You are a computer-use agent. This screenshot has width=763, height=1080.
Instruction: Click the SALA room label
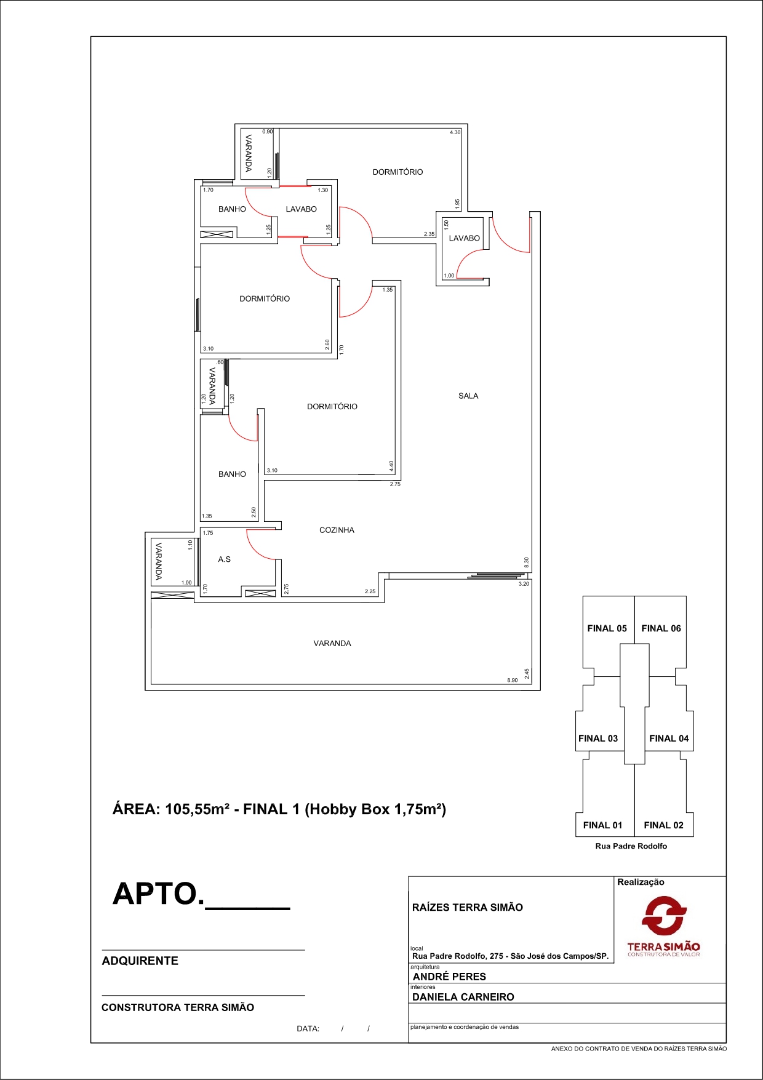tap(468, 396)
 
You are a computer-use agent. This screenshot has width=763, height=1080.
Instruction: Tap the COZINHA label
tap(337, 530)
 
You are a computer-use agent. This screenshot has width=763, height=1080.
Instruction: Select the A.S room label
tap(225, 559)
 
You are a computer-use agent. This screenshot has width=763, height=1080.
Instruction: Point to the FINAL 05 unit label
tap(607, 628)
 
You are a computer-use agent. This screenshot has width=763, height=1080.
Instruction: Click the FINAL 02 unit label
tap(663, 825)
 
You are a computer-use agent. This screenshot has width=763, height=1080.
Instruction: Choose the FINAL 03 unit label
tap(598, 738)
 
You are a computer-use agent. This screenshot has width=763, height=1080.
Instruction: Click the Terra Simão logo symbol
tap(664, 915)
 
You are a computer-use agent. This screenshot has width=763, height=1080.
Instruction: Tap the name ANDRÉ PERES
tap(449, 977)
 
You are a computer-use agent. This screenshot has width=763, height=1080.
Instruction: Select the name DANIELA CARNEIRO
tap(463, 997)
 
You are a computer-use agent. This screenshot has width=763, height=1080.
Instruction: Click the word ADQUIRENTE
tap(140, 961)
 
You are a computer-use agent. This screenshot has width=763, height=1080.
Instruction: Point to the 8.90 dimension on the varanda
tap(512, 680)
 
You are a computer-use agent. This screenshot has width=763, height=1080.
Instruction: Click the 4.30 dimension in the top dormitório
tap(455, 132)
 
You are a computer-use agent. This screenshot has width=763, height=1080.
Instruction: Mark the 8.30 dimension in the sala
tap(526, 562)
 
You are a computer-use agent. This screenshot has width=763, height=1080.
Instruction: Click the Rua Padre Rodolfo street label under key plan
tap(631, 846)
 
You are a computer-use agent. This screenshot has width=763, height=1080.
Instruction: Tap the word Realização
tap(641, 882)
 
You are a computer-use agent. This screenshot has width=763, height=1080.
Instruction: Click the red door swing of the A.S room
tap(262, 545)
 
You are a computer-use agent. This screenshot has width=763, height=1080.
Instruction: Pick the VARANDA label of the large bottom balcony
tap(332, 643)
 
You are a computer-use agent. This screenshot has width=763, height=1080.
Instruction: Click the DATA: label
tap(308, 1028)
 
